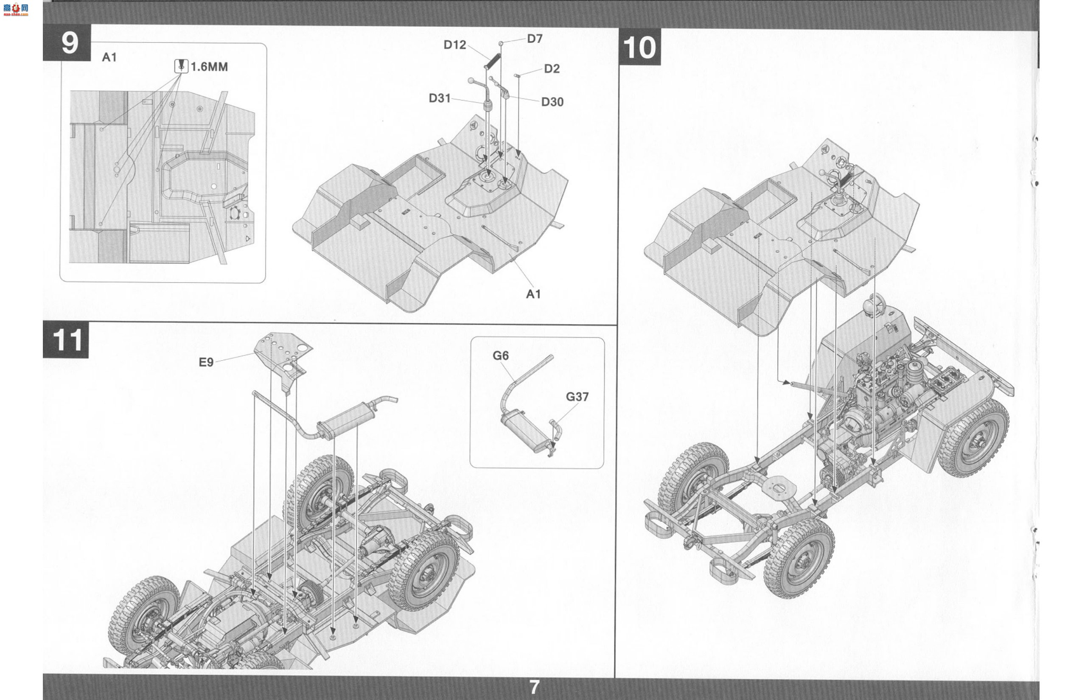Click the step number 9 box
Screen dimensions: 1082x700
(67, 42)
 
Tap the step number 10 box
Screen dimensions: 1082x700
(640, 47)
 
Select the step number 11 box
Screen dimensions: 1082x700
(66, 339)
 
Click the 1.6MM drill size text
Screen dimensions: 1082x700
(209, 67)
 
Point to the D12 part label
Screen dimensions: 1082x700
(454, 45)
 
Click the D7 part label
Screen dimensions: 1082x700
(535, 39)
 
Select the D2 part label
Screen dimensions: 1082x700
(552, 69)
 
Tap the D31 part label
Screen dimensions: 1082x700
(440, 98)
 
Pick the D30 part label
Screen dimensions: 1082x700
(552, 102)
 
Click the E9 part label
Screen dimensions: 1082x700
(206, 362)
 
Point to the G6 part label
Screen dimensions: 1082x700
(501, 356)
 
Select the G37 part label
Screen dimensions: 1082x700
(577, 397)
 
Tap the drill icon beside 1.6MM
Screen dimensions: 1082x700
(182, 66)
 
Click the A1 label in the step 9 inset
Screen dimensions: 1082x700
(109, 57)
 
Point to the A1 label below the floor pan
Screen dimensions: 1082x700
(533, 294)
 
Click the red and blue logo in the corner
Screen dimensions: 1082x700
(15, 9)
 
